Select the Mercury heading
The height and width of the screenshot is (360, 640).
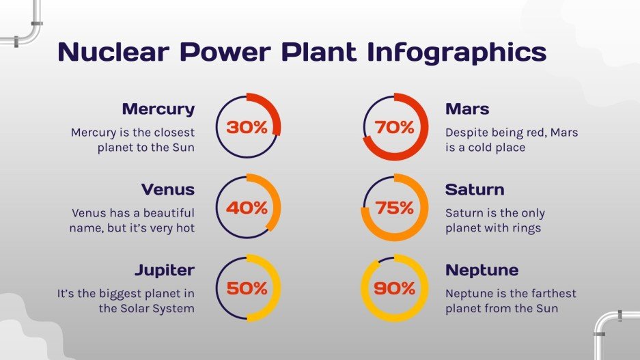pos(158,109)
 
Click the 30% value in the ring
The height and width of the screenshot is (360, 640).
pos(247,127)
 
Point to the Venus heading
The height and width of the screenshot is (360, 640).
pos(168,189)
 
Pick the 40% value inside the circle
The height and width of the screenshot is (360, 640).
pos(247,208)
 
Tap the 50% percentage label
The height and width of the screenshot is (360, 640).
pos(247,288)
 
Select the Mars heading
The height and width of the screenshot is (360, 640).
pos(467,109)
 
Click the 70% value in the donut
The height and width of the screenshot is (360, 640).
pos(394,127)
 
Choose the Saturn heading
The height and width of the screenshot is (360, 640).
pos(475,189)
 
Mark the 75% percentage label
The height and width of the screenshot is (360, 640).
pos(394,208)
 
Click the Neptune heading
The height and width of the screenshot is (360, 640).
pos(482,270)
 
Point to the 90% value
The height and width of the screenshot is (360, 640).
pos(394,288)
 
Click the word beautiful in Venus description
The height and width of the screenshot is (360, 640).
pos(163,213)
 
